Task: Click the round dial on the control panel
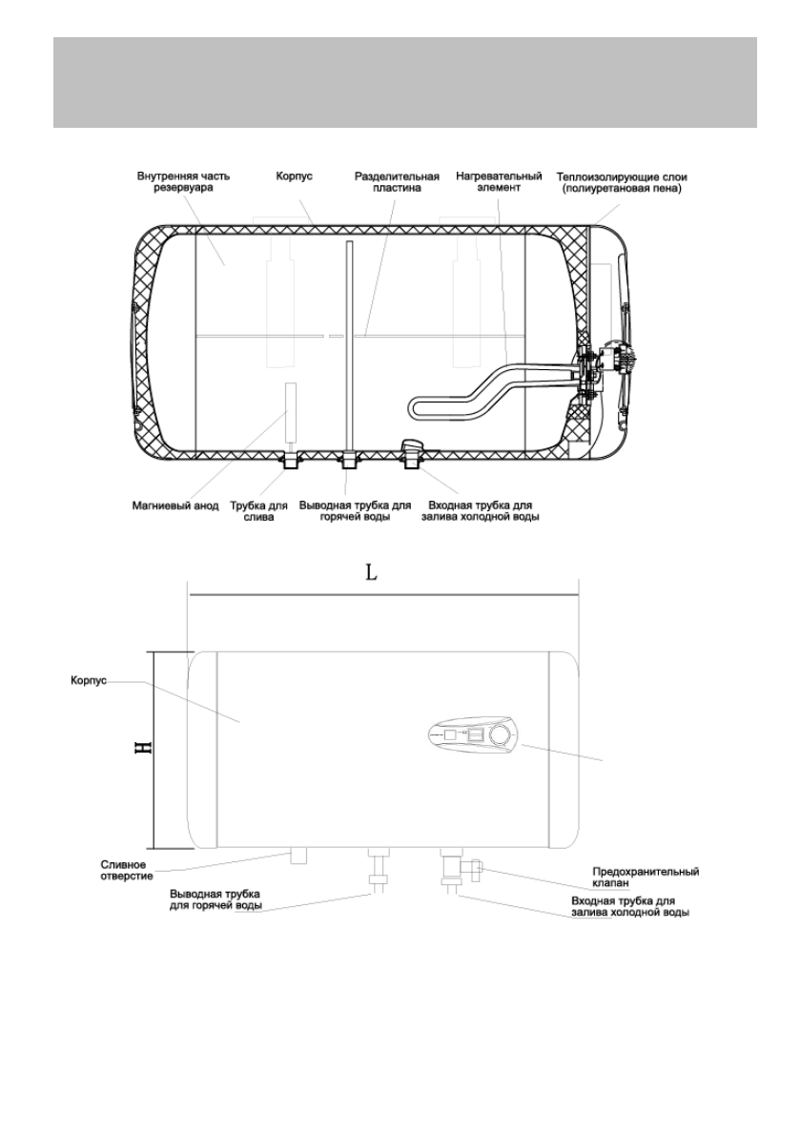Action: click(x=499, y=735)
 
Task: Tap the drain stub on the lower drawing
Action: click(x=297, y=856)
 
